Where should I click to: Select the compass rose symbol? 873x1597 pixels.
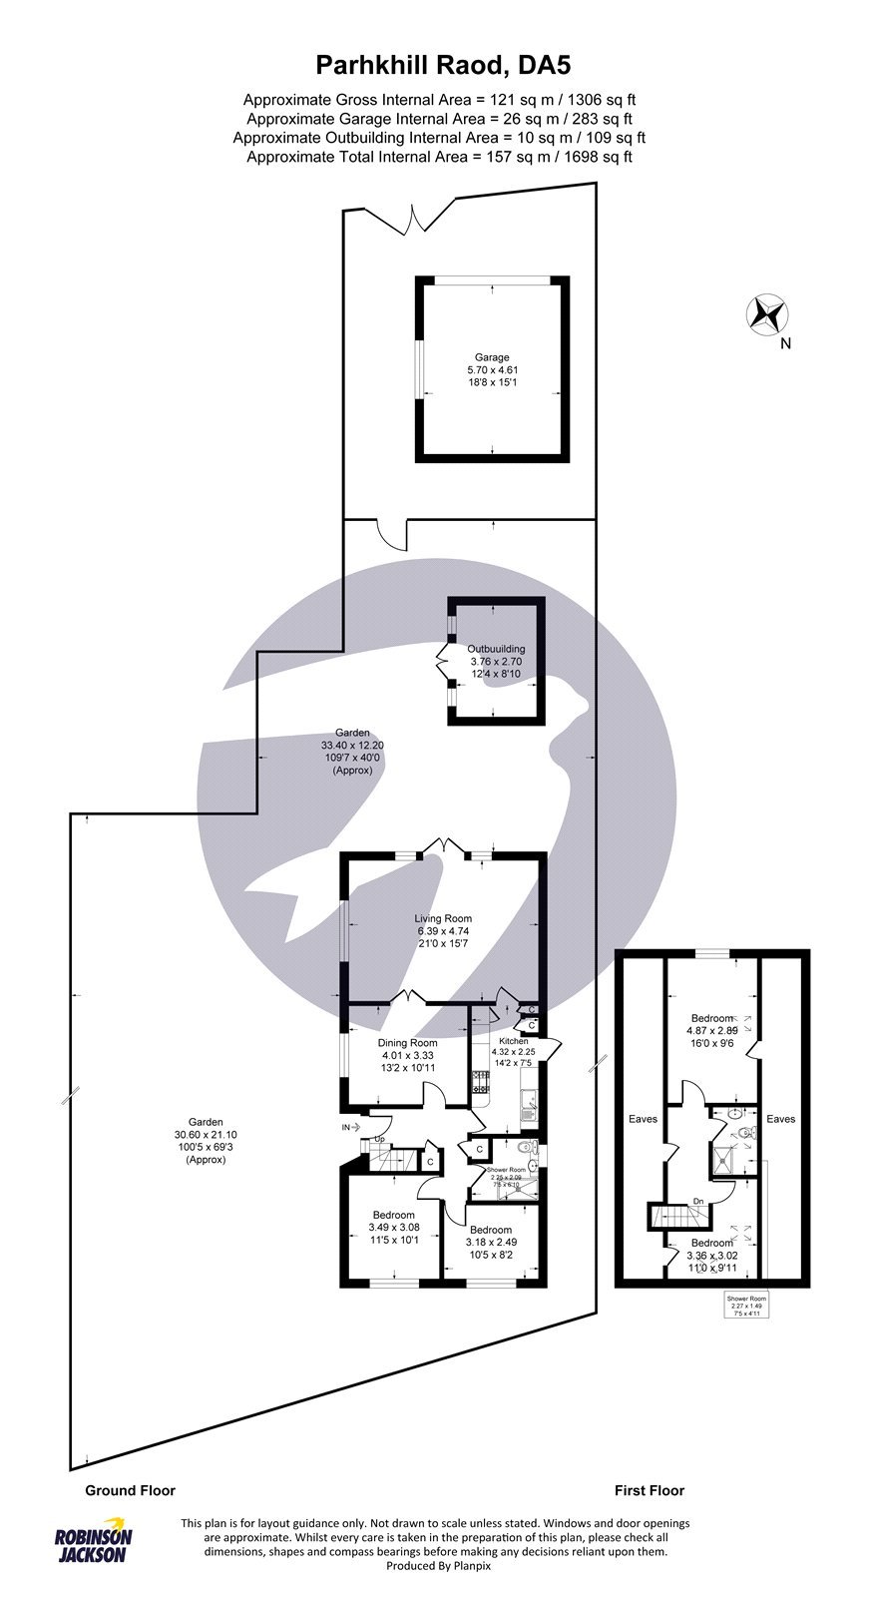[768, 314]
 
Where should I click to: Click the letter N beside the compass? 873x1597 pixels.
[785, 344]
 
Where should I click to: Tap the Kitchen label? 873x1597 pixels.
[514, 1051]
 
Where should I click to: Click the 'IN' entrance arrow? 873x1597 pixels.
[350, 1127]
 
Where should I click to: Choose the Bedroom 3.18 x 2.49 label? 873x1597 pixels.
[491, 1242]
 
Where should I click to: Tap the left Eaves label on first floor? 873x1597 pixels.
[644, 1119]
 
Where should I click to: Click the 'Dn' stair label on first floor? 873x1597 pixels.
[698, 1201]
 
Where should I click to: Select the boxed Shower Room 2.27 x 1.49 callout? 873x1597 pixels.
[746, 1307]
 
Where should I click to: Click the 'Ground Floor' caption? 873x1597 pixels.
[130, 1490]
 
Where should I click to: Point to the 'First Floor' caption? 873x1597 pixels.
[650, 1490]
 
